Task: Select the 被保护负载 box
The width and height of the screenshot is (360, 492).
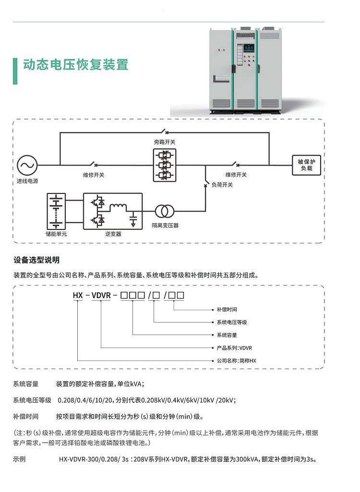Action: (x=306, y=165)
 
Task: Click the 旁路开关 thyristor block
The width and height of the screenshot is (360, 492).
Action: (x=165, y=165)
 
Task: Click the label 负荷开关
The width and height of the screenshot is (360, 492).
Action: (x=222, y=185)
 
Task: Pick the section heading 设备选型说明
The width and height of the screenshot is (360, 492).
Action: (x=36, y=260)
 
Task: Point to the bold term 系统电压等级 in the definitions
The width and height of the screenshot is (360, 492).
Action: (x=32, y=400)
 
